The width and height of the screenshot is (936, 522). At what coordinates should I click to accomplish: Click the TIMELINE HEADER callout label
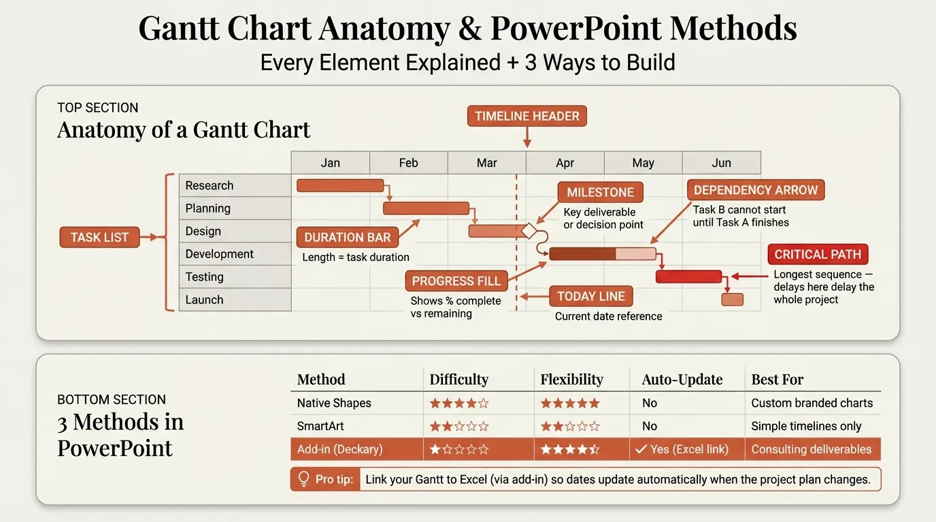[x=526, y=116]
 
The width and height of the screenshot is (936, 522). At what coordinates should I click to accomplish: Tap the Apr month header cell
[x=565, y=163]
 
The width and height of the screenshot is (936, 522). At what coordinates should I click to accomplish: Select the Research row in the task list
[x=235, y=186]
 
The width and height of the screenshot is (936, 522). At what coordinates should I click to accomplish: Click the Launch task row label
[x=235, y=300]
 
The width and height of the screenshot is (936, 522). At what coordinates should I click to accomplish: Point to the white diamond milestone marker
[x=529, y=231]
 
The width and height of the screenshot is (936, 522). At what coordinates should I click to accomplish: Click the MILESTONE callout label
[x=600, y=192]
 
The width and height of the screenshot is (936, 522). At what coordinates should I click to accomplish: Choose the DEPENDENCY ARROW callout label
[x=755, y=190]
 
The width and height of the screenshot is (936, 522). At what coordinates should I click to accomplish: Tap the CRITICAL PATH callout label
[x=818, y=255]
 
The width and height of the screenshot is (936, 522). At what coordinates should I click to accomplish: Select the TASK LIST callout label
[x=99, y=237]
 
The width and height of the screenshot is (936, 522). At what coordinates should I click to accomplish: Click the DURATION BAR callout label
[x=347, y=237]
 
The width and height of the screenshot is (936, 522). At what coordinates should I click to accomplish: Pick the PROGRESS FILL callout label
[x=456, y=281]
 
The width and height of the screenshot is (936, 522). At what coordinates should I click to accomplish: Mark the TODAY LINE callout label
[x=590, y=296]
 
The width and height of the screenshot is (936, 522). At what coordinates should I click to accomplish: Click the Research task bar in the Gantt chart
[x=340, y=186]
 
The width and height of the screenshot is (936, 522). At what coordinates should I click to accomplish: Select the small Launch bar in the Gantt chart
[x=732, y=300]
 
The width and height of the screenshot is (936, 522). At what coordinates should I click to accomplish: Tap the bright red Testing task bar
[x=688, y=277]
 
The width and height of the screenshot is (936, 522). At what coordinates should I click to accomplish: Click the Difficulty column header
[x=458, y=379]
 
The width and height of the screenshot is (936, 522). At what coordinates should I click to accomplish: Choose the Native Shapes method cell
[x=334, y=403]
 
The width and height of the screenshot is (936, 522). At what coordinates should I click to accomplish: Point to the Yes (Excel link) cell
[x=681, y=449]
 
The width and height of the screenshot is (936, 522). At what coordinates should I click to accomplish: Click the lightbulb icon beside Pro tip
[x=303, y=478]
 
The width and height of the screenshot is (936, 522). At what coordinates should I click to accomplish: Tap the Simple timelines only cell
[x=806, y=426]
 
